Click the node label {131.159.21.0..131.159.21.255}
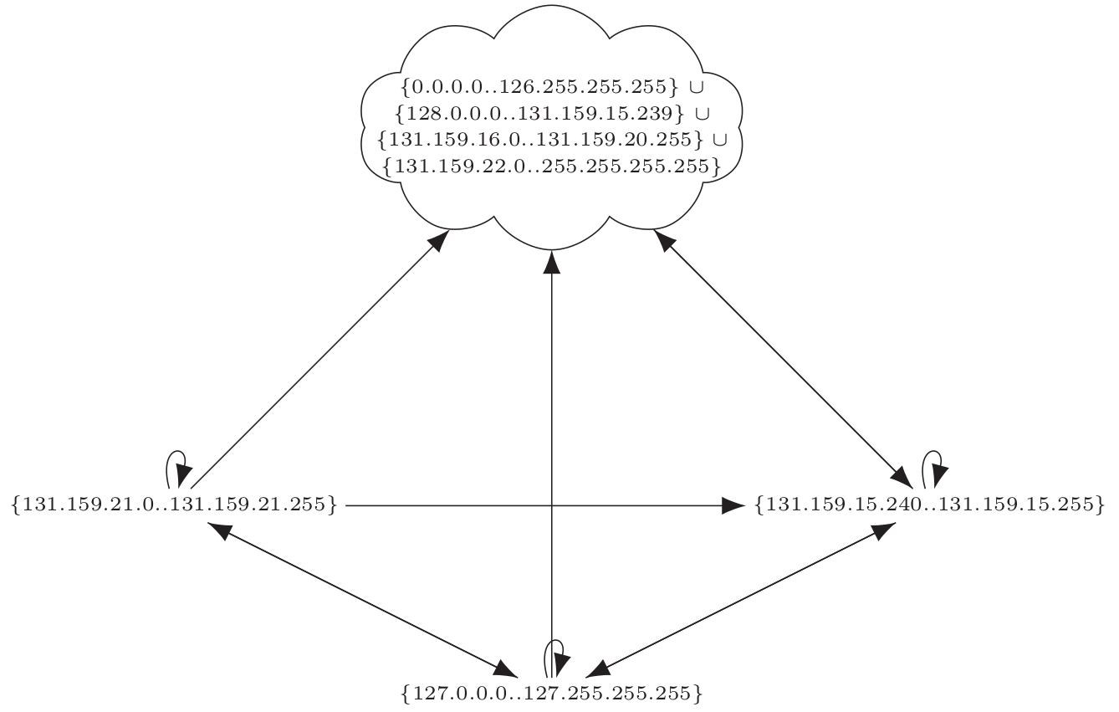click(175, 505)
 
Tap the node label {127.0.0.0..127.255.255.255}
click(551, 694)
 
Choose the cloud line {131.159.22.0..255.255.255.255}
click(551, 166)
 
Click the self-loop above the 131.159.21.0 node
click(175, 464)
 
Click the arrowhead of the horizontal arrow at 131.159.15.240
click(733, 505)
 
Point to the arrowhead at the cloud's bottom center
click(551, 262)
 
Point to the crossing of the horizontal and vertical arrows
click(551, 505)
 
